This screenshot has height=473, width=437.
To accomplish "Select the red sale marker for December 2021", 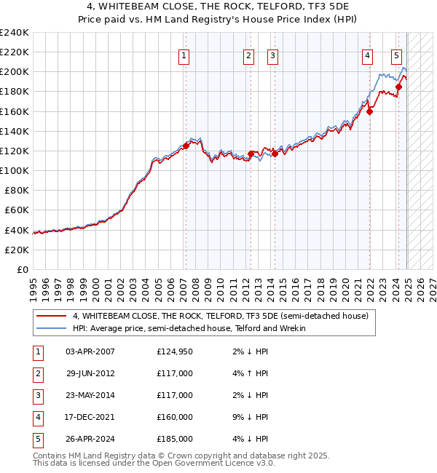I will [370, 111].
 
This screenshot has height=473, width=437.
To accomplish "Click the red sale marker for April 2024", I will [398, 87].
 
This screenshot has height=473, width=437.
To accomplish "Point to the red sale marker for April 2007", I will [186, 146].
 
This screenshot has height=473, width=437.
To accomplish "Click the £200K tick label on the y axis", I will [15, 72].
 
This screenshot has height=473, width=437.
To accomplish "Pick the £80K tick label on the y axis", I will [17, 190].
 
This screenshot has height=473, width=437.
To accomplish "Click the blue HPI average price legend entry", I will [189, 328].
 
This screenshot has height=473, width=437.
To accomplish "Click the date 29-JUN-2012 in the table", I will [90, 374].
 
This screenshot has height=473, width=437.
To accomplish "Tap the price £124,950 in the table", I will [175, 352].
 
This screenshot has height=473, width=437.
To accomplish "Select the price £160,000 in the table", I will [175, 418].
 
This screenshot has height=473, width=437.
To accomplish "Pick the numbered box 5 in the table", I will [37, 440].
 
